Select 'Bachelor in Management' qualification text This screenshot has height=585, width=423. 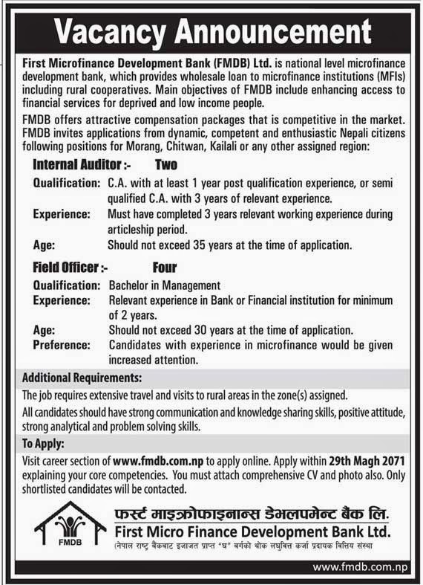pos(164,285)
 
